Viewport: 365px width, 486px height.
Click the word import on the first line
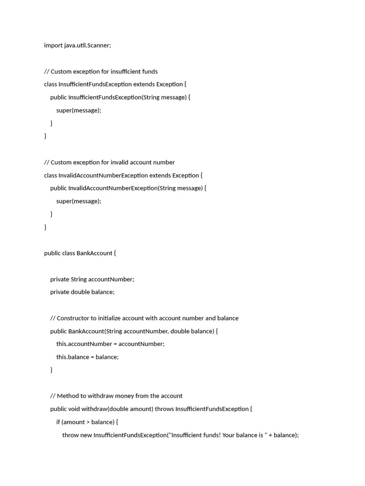click(x=53, y=46)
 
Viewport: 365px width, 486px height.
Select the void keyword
click(x=74, y=409)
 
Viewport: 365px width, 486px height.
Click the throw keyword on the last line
click(x=70, y=435)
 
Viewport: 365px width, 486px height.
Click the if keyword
click(x=58, y=422)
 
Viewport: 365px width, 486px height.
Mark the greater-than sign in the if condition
click(x=88, y=422)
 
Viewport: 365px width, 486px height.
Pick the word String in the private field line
click(x=79, y=279)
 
